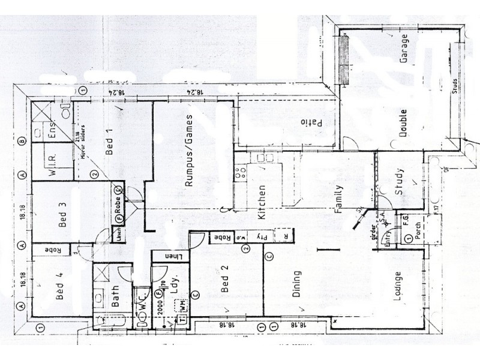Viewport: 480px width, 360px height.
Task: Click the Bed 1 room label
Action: click(109, 142)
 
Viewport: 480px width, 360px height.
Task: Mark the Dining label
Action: click(296, 284)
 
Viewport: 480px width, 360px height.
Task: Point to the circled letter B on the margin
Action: click(22, 142)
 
